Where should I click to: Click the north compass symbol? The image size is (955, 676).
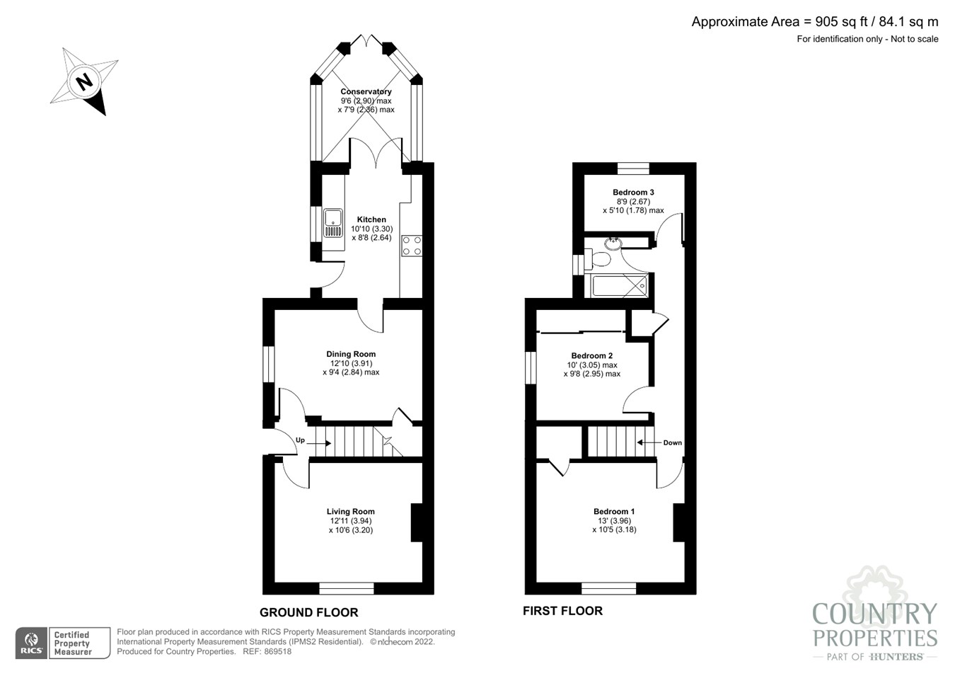pos(84,81)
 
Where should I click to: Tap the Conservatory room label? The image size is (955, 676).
pos(366,91)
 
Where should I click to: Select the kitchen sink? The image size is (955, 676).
pos(332,223)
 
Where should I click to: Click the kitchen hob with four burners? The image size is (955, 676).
pos(412,246)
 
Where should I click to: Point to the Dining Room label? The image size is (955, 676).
pos(351,354)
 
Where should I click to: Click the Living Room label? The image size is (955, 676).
pos(350,511)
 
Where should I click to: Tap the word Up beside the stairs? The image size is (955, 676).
pos(300,440)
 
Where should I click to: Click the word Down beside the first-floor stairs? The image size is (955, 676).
pos(672,442)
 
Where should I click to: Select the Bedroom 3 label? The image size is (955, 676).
pos(633,192)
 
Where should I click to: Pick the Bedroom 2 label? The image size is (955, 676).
pos(591,355)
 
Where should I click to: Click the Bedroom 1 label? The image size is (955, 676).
pos(613,511)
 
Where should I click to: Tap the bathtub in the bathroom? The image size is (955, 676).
pos(620,286)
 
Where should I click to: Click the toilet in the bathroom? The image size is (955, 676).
pos(600,259)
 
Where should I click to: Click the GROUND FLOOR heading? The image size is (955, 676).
pos(308,612)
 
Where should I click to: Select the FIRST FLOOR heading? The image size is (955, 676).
pos(562,610)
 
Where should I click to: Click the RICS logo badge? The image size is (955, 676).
pos(31,643)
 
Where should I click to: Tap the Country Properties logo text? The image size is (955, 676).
pos(875,625)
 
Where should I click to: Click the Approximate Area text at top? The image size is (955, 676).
pos(814,22)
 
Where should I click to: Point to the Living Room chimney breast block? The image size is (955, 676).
pos(417,522)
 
